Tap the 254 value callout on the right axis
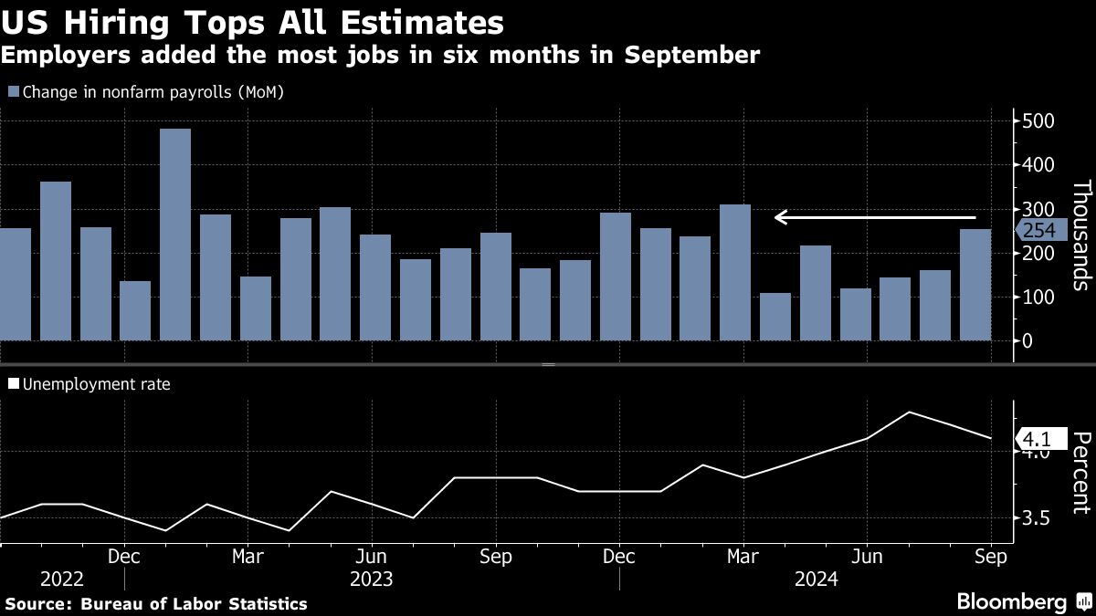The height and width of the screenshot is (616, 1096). click(1038, 231)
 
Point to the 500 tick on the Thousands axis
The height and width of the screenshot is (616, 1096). click(1038, 121)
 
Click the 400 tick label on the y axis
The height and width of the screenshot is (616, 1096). click(1038, 165)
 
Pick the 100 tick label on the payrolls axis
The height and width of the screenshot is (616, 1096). click(1038, 298)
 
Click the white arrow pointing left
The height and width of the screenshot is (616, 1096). click(875, 217)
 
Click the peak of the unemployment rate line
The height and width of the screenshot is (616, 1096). click(910, 412)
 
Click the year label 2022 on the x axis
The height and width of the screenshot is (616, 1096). click(61, 579)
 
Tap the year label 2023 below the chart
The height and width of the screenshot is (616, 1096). click(371, 579)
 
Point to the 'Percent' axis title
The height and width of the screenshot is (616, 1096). click(1080, 474)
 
